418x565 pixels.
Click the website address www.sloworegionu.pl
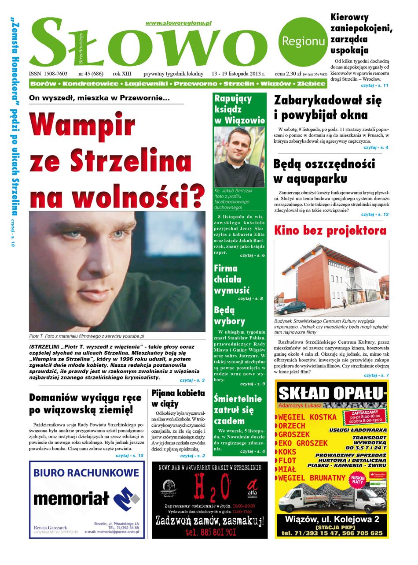click(178, 22)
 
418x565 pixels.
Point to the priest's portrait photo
click(239, 157)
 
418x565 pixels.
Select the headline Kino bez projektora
click(330, 230)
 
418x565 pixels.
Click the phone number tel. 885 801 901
click(210, 532)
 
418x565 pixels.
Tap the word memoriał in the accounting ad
click(71, 498)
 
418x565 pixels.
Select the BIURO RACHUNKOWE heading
click(86, 473)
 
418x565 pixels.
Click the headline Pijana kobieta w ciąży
click(178, 398)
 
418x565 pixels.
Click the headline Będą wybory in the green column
click(229, 316)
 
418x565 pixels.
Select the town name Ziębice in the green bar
click(311, 83)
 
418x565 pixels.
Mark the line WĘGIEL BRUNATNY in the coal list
click(312, 478)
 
